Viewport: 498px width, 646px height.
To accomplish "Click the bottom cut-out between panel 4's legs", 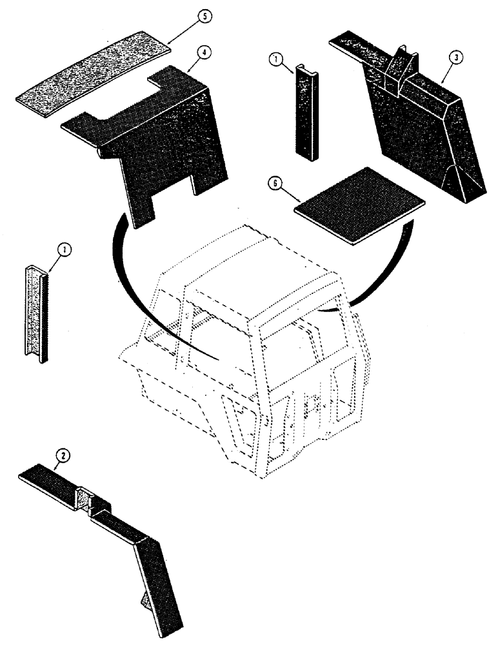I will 174,194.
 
